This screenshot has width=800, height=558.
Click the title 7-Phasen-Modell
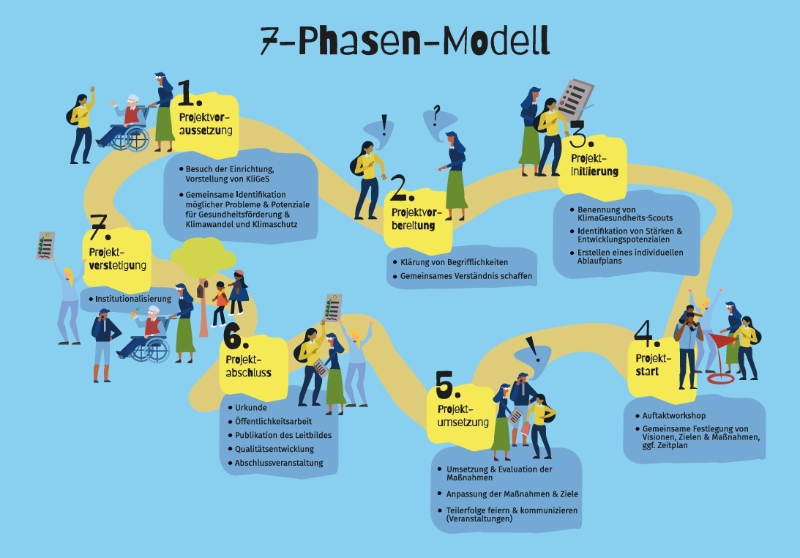pos(405,43)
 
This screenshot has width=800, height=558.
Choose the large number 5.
pos(448,384)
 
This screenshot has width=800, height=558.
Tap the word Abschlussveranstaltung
pos(279,463)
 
